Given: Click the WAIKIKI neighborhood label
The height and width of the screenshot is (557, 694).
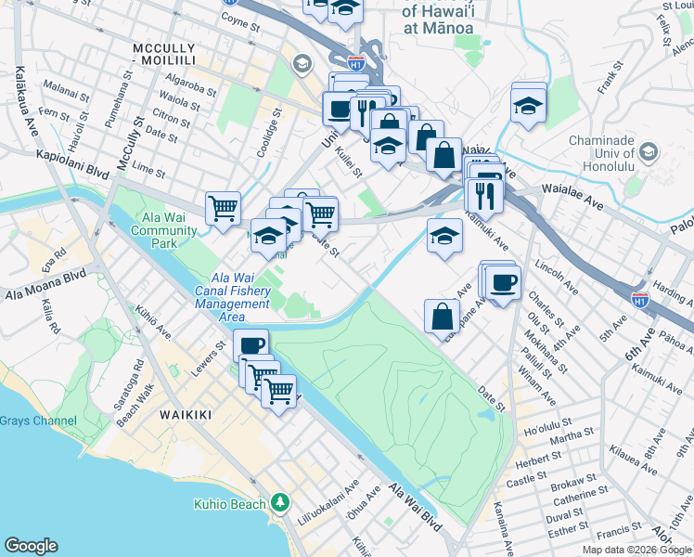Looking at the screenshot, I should tap(185, 414).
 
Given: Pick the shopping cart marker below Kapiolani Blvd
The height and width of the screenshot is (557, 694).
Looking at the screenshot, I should tap(223, 208).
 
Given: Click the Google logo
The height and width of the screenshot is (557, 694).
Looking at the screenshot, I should tap(31, 546).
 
